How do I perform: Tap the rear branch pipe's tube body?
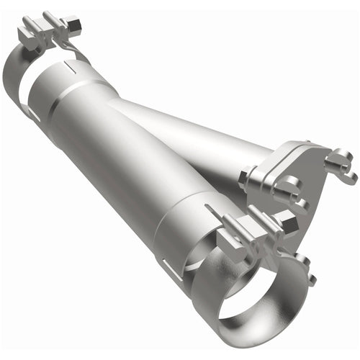[x=194, y=137]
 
